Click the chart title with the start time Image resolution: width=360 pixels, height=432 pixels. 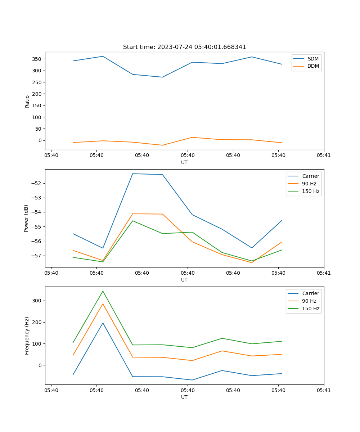(x=184, y=47)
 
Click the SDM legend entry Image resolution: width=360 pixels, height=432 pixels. (x=313, y=59)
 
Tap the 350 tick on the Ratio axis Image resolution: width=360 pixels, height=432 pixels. (x=37, y=59)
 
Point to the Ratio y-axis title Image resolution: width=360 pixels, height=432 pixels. (x=27, y=102)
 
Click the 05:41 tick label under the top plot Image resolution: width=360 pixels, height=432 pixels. (x=324, y=156)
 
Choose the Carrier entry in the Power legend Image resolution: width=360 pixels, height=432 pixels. (x=310, y=176)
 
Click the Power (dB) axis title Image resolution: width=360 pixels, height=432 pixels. (x=26, y=218)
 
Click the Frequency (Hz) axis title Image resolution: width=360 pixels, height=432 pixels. (x=27, y=336)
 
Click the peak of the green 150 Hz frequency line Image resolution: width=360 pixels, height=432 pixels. (x=103, y=291)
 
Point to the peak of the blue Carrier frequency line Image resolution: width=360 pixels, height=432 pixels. (x=103, y=323)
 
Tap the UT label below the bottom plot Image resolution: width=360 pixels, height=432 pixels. (x=184, y=397)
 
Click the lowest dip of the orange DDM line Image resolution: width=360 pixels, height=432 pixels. (x=162, y=145)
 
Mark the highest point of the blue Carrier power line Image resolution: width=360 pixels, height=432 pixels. (x=132, y=174)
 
